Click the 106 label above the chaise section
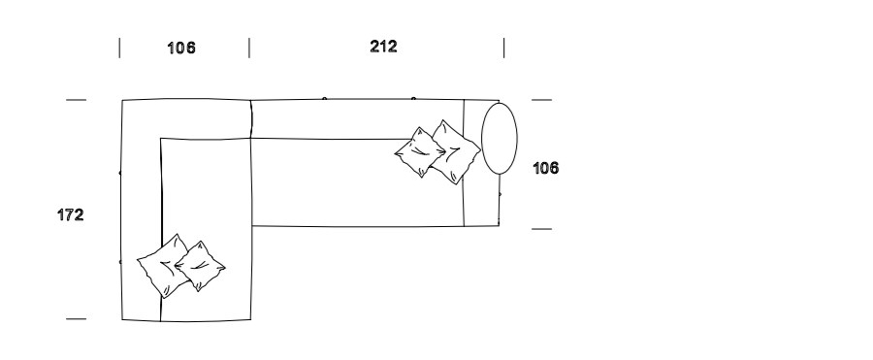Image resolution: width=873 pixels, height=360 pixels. [x=181, y=48]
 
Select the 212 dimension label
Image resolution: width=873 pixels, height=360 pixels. [x=383, y=47]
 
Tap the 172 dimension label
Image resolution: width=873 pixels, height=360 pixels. [x=71, y=215]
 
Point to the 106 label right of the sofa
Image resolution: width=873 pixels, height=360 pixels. [x=545, y=168]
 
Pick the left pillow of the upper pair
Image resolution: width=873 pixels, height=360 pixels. [x=420, y=151]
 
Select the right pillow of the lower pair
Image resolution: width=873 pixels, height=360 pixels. [x=200, y=266]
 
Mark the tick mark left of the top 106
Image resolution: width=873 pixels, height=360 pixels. [x=119, y=48]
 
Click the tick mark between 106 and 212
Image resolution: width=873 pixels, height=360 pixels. [x=249, y=48]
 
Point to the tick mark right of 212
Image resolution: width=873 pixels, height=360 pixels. [x=503, y=48]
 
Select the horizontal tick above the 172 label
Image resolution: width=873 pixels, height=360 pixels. [x=77, y=100]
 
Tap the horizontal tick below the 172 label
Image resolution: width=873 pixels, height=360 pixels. [x=77, y=319]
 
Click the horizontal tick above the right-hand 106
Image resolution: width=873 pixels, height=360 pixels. [x=541, y=100]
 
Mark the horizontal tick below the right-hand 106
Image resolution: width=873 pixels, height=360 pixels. [x=541, y=229]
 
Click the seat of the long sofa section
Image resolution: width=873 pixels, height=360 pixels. [x=334, y=182]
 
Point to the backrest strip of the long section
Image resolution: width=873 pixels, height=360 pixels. [x=356, y=119]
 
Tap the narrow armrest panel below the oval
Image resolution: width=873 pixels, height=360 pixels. [x=481, y=201]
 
